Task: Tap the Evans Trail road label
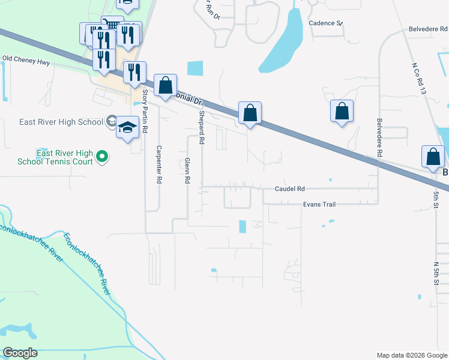pyautogui.click(x=319, y=205)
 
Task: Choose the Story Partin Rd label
pyautogui.click(x=145, y=112)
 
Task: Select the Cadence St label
pyautogui.click(x=325, y=23)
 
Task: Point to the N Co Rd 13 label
pyautogui.click(x=420, y=77)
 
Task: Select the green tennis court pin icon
pyautogui.click(x=102, y=157)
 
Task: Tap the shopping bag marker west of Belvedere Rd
pyautogui.click(x=342, y=111)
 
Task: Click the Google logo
pyautogui.click(x=20, y=352)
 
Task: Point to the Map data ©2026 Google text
pyautogui.click(x=411, y=355)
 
